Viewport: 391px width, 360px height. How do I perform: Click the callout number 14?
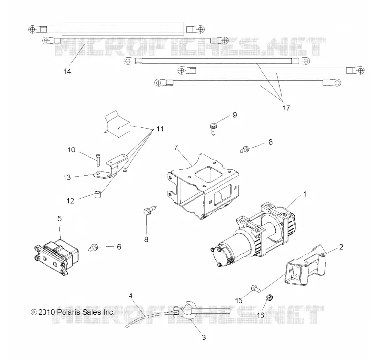[x=67, y=71]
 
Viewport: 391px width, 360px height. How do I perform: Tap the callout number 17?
[x=286, y=108]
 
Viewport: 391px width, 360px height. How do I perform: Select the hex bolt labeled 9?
[x=213, y=129]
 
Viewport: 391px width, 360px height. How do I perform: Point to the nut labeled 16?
[x=269, y=297]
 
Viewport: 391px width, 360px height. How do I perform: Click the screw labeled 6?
[x=93, y=247]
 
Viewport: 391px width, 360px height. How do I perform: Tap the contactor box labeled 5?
[x=56, y=256]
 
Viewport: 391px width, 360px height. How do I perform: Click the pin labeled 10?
[x=97, y=159]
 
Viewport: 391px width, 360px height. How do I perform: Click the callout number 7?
[x=176, y=147]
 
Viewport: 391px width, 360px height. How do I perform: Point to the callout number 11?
[x=160, y=129]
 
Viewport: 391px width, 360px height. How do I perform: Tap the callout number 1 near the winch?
[x=304, y=194]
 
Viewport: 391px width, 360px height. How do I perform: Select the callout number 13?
[x=67, y=177]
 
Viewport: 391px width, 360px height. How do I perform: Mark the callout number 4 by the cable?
[x=131, y=296]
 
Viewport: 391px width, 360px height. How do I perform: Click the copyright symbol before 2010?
[x=34, y=312]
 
